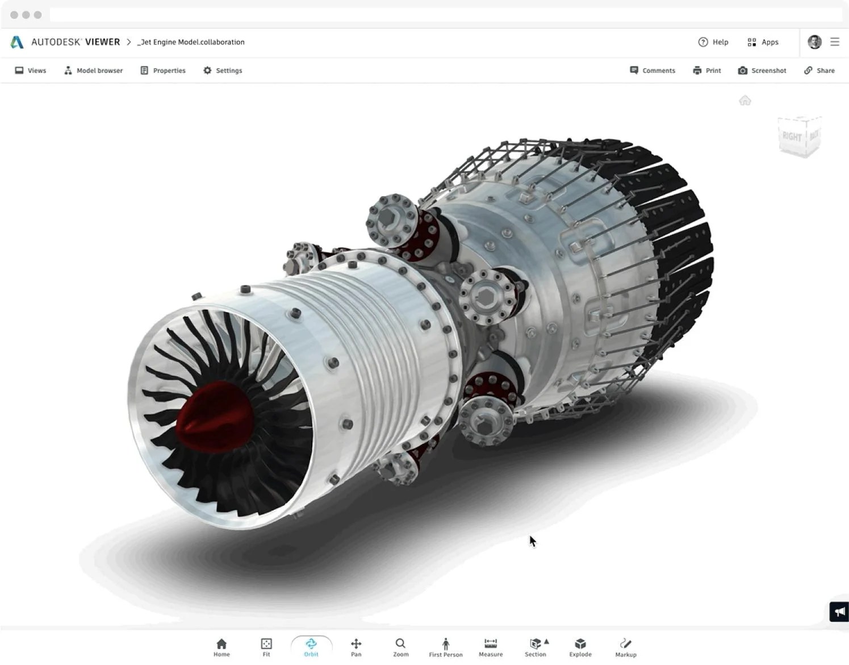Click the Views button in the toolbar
coord(31,70)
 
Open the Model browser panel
coord(94,70)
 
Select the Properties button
coord(163,70)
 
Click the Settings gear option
coord(223,70)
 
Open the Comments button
coord(653,70)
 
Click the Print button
coord(707,70)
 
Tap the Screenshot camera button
coord(762,70)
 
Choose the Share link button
coord(819,70)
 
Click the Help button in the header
coord(713,42)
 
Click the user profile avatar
coord(814,42)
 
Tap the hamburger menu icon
coord(835,42)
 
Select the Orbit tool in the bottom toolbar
coord(311,647)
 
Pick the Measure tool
coord(491,647)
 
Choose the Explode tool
coord(580,647)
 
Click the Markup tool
coord(626,647)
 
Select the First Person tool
coord(446,647)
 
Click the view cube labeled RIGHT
coord(793,137)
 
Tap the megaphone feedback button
coord(839,612)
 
